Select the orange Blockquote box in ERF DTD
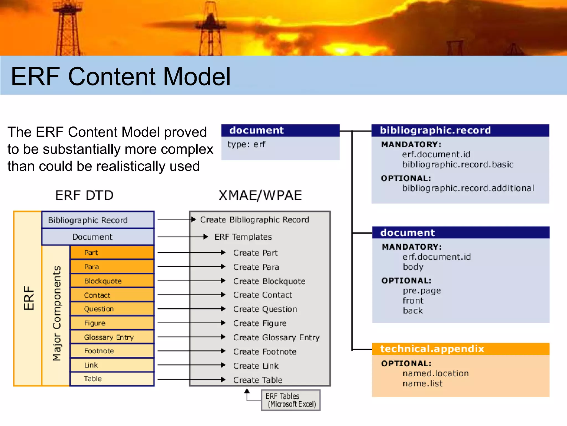coord(112,281)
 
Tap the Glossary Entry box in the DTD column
coord(112,337)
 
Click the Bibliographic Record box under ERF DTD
coord(98,220)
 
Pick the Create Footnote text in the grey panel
coord(265,351)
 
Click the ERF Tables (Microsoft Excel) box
coord(290,400)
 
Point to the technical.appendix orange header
coord(460,349)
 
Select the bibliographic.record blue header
coord(460,130)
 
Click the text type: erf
coord(246,144)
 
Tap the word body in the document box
coord(413,267)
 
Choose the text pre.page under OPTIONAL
coord(421,291)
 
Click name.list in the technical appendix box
coord(422,384)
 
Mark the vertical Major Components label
coord(56,313)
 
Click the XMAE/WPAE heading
coord(260,195)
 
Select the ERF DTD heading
coord(84,195)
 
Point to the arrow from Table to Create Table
coord(191,379)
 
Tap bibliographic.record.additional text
coord(468,188)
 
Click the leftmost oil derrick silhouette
coord(67,28)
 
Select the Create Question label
coord(265,309)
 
